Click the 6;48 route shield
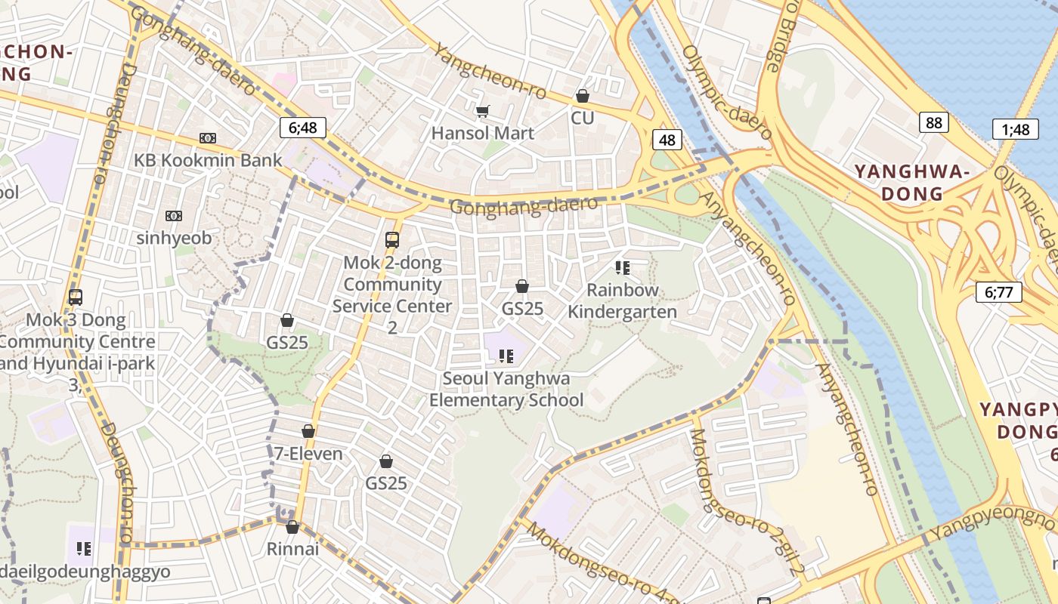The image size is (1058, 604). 302,128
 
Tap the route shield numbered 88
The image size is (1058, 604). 934,122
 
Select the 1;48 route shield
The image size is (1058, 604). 1015,129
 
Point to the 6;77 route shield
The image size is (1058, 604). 998,291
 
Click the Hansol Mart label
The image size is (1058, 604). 482,134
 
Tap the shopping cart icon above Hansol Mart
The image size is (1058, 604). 482,112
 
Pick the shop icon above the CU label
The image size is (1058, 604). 582,96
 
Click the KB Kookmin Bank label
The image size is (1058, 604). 208,160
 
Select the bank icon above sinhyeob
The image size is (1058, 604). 174,216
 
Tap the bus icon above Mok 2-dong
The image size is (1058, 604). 391,240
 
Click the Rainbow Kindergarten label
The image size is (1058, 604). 622,300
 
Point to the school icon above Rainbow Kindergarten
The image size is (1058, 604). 622,267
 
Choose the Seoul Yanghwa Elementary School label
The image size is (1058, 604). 506,389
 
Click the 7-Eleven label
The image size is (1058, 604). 308,454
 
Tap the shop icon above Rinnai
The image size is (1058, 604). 292,527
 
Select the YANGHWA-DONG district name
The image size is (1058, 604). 911,183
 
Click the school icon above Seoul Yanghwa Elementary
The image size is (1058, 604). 506,356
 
